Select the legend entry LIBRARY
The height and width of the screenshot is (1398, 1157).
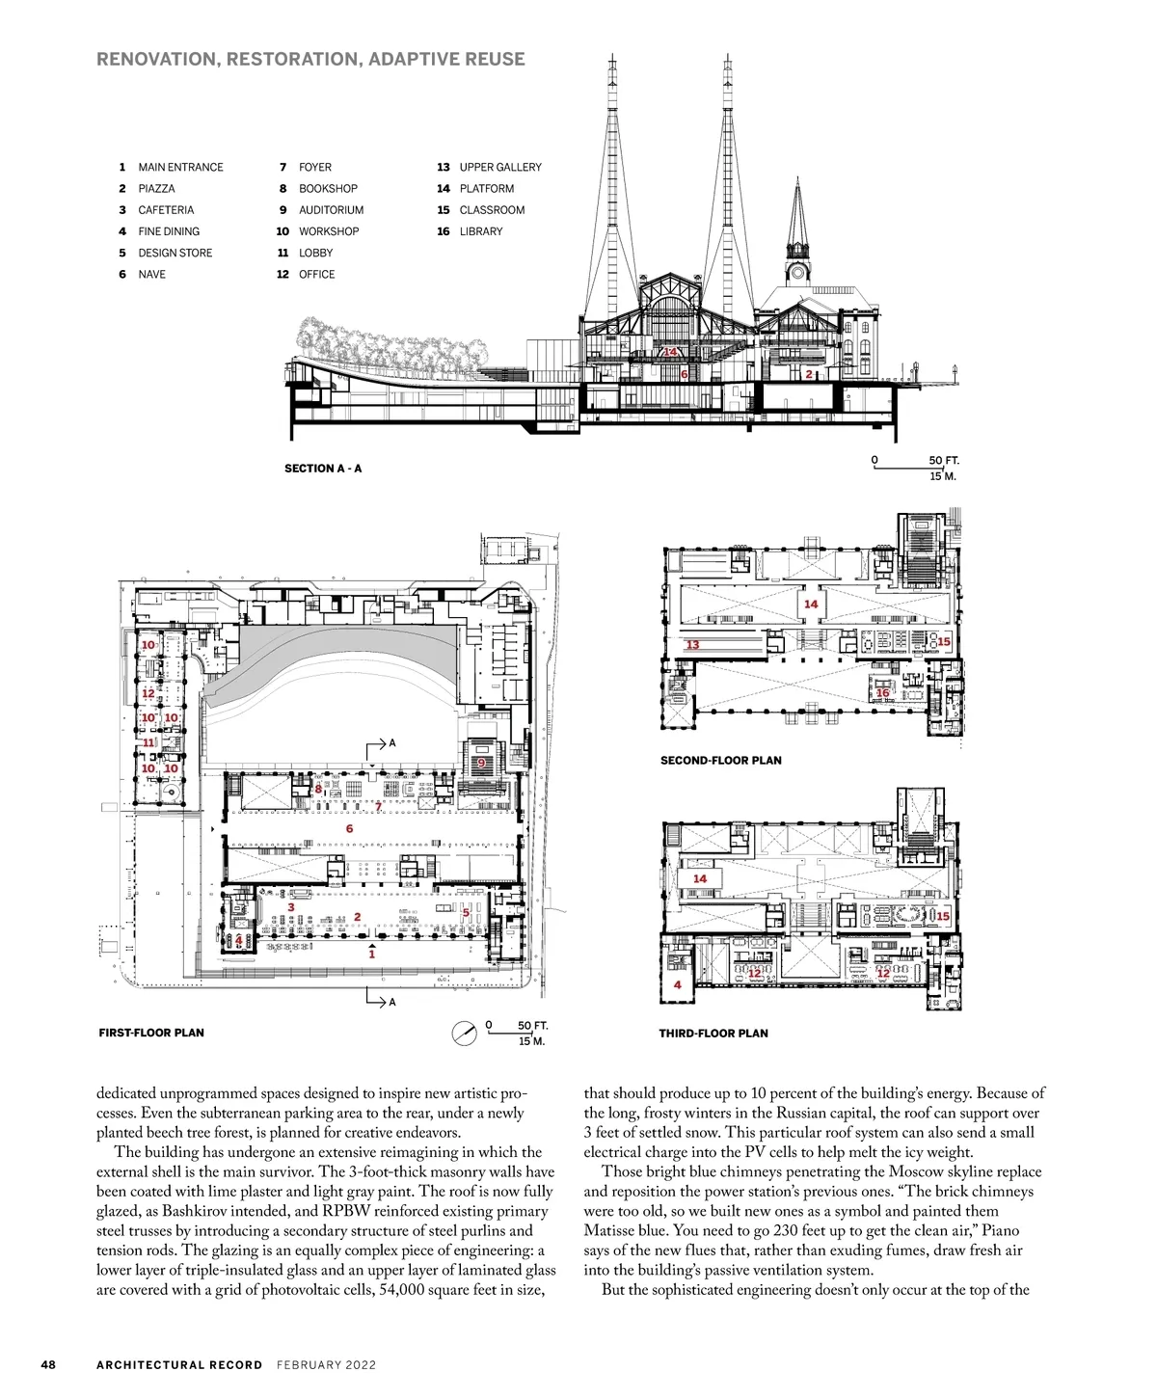[480, 231]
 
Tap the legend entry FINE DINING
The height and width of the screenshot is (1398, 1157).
[169, 231]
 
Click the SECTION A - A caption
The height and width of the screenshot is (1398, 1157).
[323, 469]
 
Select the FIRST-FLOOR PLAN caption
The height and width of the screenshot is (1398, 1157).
[151, 1033]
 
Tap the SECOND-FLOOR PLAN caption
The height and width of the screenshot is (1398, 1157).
[720, 761]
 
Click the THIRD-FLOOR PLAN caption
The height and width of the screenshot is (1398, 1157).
[713, 1034]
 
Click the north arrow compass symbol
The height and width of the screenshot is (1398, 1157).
[465, 1034]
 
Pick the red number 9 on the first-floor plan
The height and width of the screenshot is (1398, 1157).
[481, 764]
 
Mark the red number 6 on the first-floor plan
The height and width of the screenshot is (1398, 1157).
[349, 828]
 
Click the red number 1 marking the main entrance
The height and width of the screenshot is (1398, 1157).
[372, 954]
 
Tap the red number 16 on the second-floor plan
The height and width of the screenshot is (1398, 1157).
[882, 693]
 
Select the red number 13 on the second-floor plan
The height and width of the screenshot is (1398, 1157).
[692, 645]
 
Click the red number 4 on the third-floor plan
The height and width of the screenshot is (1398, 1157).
[678, 984]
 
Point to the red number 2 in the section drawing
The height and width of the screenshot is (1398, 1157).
[809, 374]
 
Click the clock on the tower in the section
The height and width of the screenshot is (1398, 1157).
[797, 272]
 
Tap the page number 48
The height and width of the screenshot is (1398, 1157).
[48, 1364]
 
